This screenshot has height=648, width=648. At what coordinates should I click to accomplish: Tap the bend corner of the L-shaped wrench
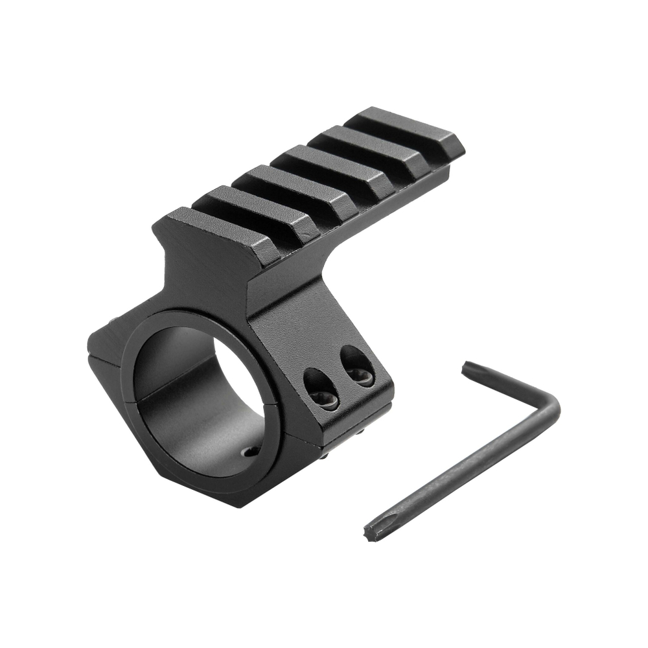[551, 408]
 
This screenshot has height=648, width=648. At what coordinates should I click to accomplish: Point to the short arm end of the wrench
[467, 367]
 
